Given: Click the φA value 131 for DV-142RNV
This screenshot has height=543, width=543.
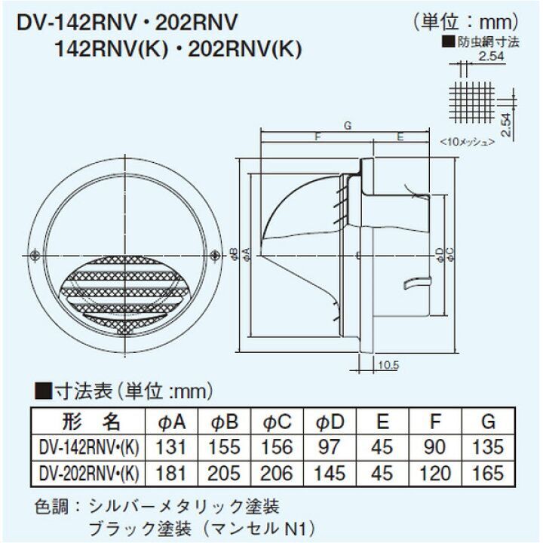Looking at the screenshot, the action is tap(171, 446).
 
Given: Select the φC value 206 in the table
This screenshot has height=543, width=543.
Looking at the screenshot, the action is tap(277, 473).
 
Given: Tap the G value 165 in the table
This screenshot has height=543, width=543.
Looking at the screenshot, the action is tap(488, 473).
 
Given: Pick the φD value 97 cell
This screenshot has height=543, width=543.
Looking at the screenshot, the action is tap(330, 446).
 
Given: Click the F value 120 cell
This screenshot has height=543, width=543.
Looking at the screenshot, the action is tap(435, 473).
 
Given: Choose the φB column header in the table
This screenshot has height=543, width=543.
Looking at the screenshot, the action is tap(225, 422).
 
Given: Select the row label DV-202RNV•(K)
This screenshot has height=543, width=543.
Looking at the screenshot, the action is tap(89, 473).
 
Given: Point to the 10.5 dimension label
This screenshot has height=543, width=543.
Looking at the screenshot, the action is tap(388, 365).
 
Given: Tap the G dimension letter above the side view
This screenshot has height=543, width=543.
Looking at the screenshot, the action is tap(348, 125).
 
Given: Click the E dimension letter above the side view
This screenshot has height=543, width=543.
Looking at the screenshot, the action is tap(400, 137).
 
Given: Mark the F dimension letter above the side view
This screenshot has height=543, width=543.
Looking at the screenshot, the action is tap(318, 137).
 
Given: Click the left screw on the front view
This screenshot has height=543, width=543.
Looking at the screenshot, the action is tap(34, 256).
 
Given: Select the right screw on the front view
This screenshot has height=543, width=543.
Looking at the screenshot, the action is tap(215, 256).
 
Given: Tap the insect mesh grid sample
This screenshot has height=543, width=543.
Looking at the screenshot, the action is tap(471, 102).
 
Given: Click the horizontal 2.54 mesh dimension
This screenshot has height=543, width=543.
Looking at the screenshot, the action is tap(492, 56).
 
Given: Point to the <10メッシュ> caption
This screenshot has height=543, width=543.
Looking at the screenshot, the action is tap(468, 142).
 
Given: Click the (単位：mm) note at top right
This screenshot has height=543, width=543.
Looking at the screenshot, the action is tap(467, 22).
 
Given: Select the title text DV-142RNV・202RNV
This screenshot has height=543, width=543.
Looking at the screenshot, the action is tap(127, 23).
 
